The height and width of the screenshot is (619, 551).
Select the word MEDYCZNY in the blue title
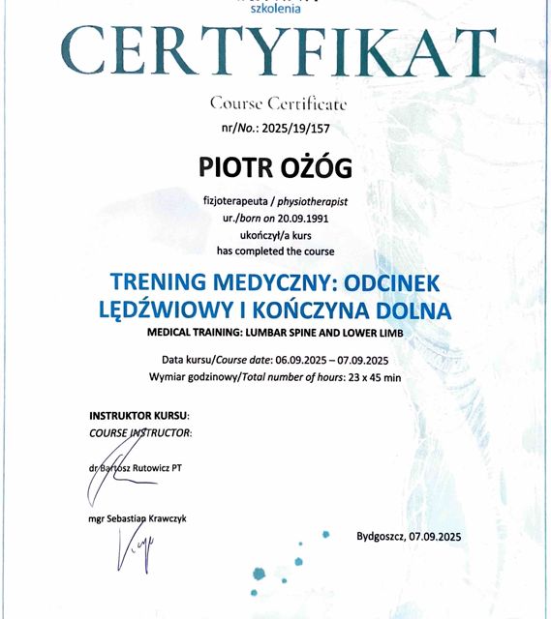click(x=254, y=281)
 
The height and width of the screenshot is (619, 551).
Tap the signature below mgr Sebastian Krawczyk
click(x=131, y=553)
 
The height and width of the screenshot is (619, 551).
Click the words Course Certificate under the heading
click(x=276, y=103)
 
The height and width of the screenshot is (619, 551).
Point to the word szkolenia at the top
click(x=276, y=9)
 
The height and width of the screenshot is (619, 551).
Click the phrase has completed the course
click(x=275, y=251)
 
